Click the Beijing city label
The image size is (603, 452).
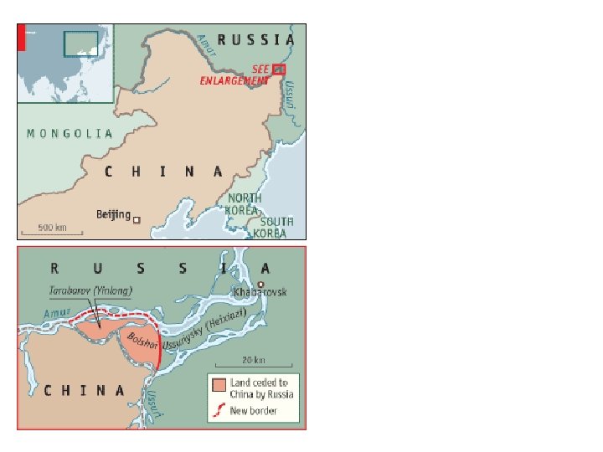click(113, 215)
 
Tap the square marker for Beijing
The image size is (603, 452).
click(137, 220)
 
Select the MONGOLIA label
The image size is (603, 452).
click(70, 133)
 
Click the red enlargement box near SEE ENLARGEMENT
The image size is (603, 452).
click(279, 69)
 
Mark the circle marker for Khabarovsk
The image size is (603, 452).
click(260, 284)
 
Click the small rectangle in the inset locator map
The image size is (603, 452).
click(81, 44)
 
